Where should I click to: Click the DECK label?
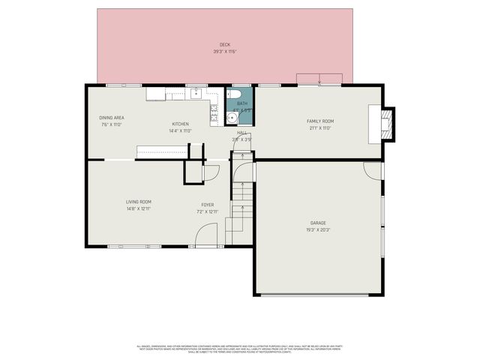(x=225, y=45)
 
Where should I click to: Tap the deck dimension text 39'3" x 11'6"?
(x=225, y=52)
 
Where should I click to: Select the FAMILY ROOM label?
(x=319, y=121)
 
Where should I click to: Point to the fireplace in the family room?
(x=385, y=123)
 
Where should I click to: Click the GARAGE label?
(x=319, y=223)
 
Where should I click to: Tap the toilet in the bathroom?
(x=234, y=94)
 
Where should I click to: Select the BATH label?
(x=242, y=103)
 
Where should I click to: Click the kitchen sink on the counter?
(x=196, y=94)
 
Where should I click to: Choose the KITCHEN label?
(x=180, y=124)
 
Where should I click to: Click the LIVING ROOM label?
(x=139, y=201)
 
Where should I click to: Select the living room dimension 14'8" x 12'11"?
(x=139, y=208)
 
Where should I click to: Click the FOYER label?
(x=207, y=205)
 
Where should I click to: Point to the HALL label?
(x=242, y=132)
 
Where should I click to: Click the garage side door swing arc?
(x=372, y=170)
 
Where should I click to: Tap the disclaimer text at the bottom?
(x=240, y=349)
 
